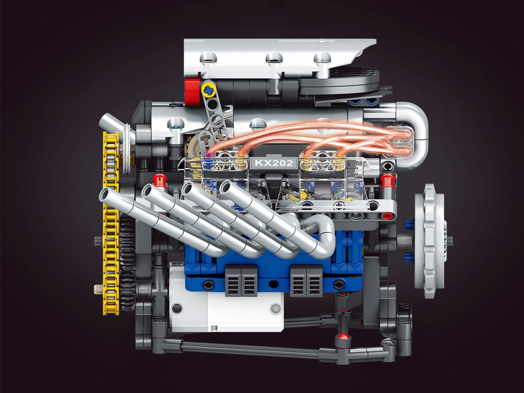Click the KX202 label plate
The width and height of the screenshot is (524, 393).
[x=274, y=163]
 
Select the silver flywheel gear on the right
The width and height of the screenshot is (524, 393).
[x=430, y=241]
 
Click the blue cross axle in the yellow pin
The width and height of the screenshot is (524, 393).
[x=209, y=90]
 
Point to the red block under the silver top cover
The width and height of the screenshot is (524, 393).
[x=192, y=88]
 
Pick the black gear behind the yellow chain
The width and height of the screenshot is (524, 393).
[x=127, y=264]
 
